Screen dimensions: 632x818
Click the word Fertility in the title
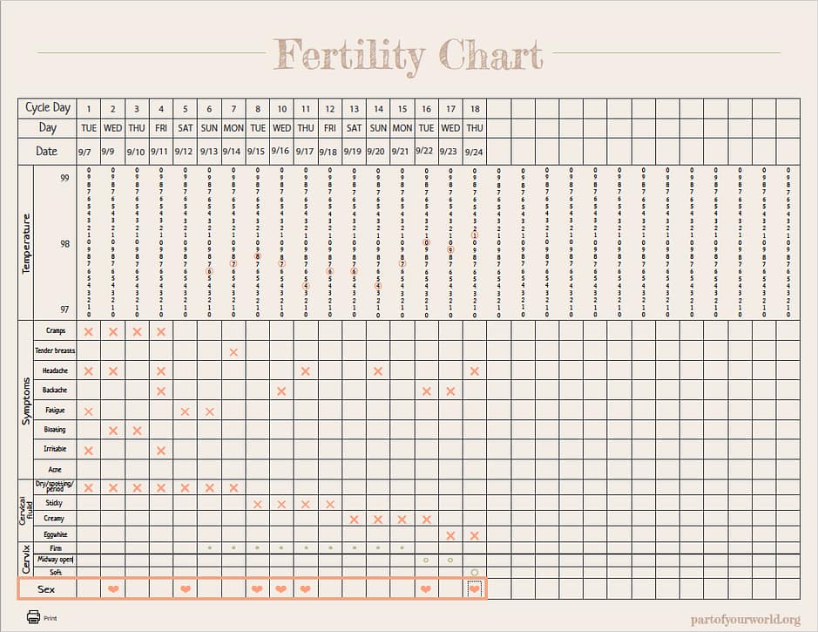pos(348,55)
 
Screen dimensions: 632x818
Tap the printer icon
pos(33,616)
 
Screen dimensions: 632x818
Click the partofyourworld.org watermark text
pos(745,618)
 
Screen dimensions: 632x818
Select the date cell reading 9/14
pos(233,152)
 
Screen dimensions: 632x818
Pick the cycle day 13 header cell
pos(354,108)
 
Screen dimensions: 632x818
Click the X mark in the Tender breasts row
pos(233,351)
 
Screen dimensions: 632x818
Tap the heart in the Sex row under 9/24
pos(475,589)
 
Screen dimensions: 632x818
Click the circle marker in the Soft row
pos(475,573)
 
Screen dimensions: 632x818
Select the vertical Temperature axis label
pos(26,243)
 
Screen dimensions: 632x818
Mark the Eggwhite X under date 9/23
pos(450,534)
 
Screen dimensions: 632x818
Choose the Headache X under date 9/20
pos(378,370)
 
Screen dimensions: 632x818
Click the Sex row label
pos(47,589)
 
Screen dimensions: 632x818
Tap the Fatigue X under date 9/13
pos(209,411)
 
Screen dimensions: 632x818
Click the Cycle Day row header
pos(48,108)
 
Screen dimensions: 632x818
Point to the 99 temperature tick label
pos(65,178)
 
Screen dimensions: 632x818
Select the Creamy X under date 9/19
pos(354,519)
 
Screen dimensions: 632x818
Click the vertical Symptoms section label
pos(26,401)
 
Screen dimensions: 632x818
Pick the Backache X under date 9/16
pos(281,391)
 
